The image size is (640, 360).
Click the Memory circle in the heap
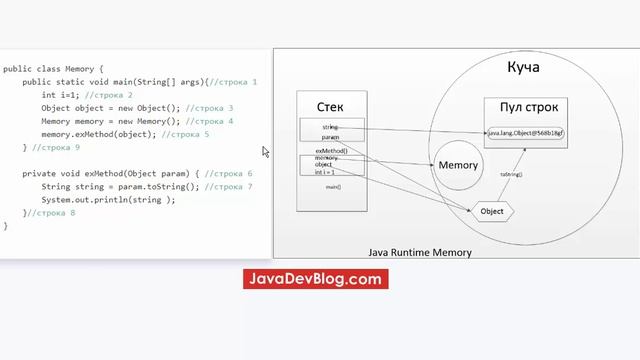459,165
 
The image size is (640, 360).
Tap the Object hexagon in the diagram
491,212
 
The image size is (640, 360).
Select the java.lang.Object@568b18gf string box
526,133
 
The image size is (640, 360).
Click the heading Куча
524,67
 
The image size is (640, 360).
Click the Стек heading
333,106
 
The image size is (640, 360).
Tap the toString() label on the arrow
512,174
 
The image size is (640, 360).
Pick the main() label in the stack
333,187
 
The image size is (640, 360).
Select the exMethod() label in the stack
331,150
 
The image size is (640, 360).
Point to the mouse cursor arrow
265,152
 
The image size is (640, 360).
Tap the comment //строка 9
56,147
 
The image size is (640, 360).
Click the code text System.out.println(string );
108,199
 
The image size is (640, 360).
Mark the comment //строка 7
229,186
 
